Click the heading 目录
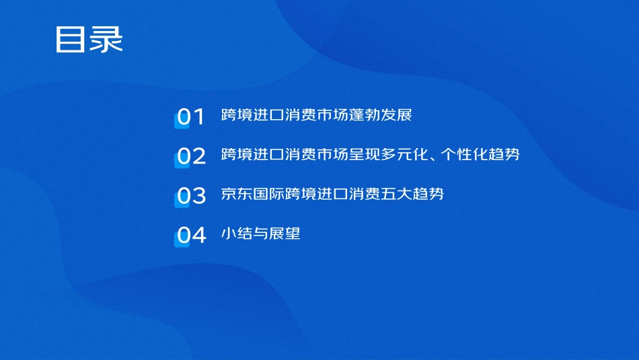point(89,40)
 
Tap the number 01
point(190,116)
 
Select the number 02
point(190,156)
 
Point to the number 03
point(190,196)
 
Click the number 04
point(190,236)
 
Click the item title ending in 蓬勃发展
point(316,115)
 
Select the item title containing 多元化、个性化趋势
point(370,155)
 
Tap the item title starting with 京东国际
point(332,194)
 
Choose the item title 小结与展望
point(260,234)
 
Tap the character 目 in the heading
point(71,40)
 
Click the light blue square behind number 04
point(180,240)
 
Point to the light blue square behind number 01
point(180,120)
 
